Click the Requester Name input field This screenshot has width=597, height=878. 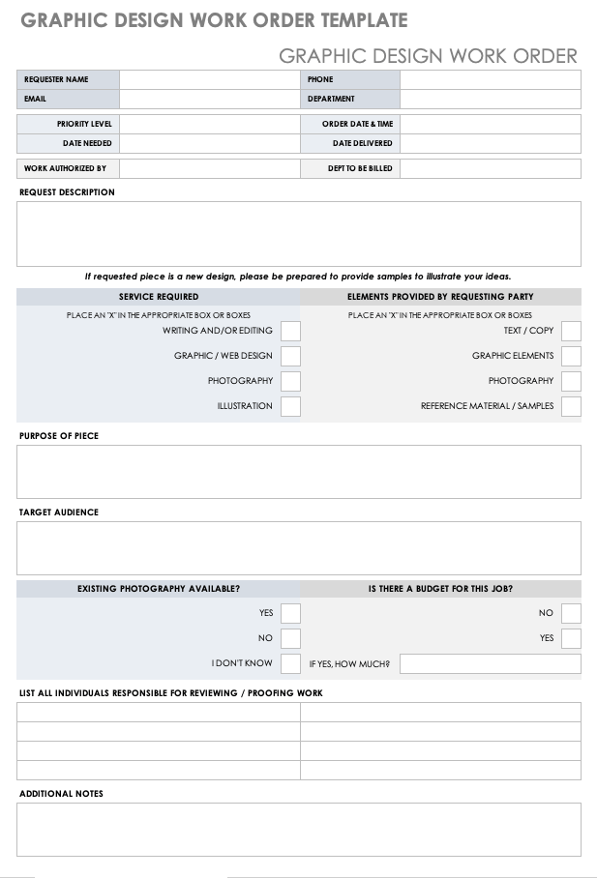pos(209,79)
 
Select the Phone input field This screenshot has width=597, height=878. pos(490,79)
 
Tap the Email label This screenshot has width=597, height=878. pos(36,99)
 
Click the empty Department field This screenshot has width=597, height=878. pos(490,99)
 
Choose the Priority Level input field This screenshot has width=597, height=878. pos(209,124)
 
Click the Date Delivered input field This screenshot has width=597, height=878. pos(490,143)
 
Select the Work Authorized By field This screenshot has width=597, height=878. pos(209,168)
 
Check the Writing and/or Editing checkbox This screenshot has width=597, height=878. pos(290,331)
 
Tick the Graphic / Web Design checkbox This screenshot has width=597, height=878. pos(290,356)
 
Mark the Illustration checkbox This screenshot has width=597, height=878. pos(290,406)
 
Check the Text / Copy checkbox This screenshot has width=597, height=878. pos(571,331)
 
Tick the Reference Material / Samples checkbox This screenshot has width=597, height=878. pos(571,406)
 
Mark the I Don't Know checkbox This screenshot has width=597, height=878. pos(290,663)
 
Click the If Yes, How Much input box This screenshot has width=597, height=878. pos(490,663)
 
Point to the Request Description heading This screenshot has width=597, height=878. pos(67,192)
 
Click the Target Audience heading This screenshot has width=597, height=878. pos(59,512)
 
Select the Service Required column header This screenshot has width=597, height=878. pos(159,297)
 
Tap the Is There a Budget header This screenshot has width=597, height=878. pos(440,588)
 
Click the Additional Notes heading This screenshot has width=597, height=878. pos(61,794)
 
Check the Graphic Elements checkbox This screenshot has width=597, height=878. pos(571,356)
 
